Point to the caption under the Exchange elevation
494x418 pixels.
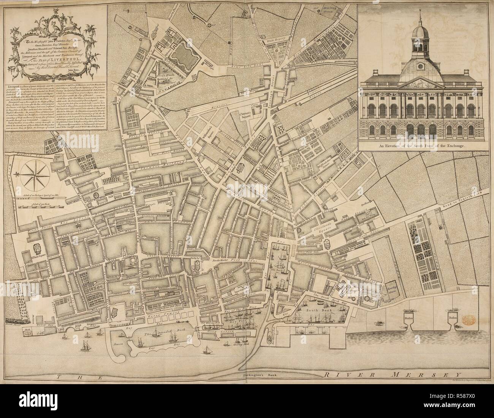click(418, 145)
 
